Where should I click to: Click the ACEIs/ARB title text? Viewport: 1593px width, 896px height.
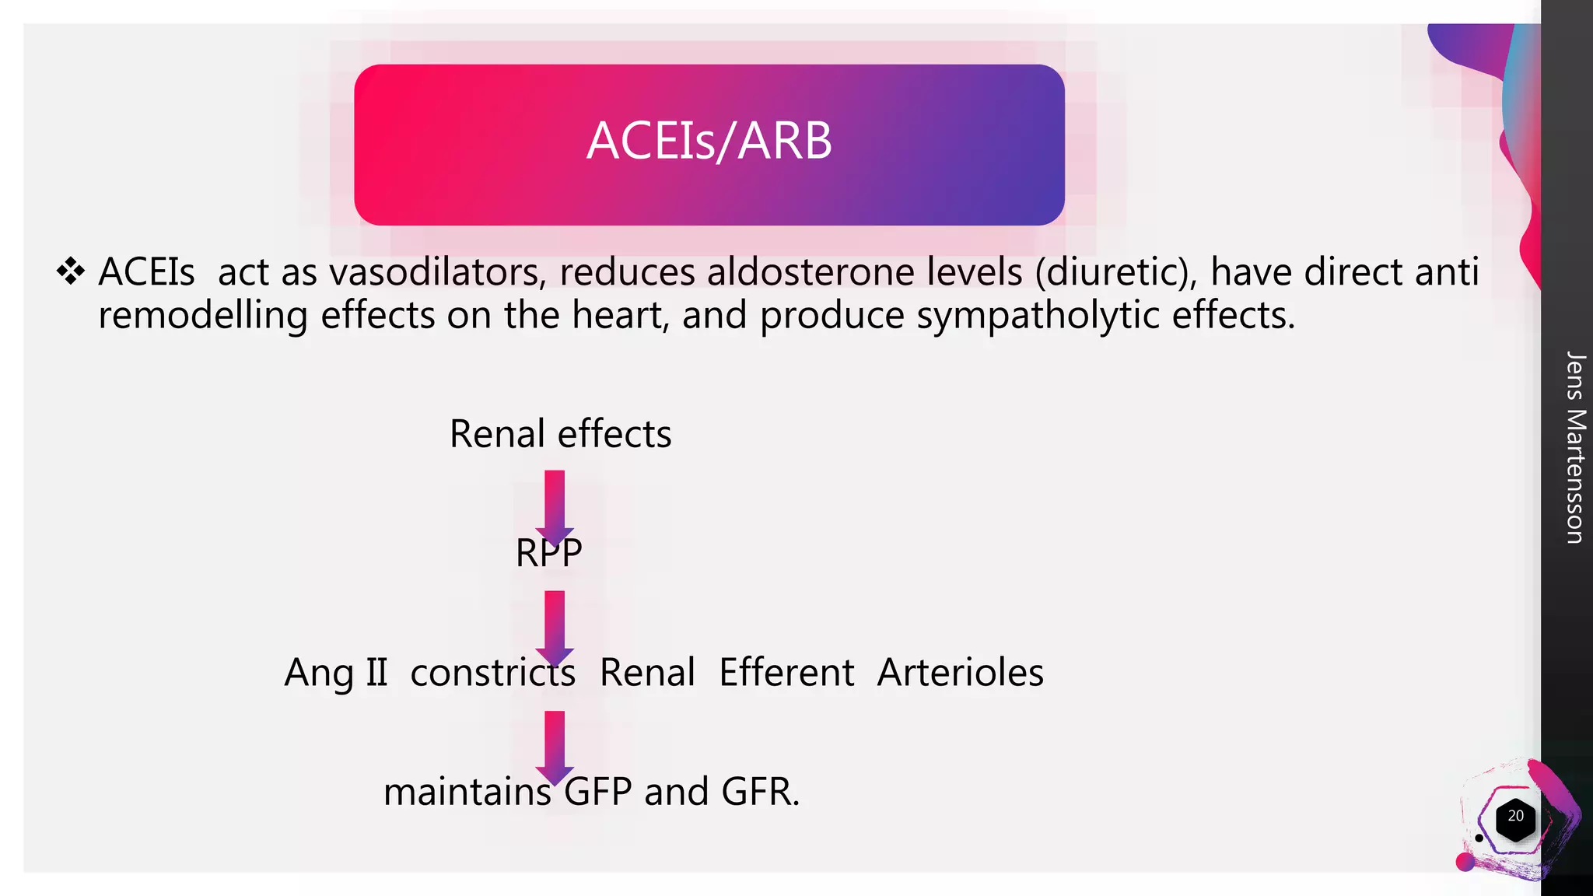709,142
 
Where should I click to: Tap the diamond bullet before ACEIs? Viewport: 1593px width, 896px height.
71,271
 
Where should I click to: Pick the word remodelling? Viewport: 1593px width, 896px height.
202,316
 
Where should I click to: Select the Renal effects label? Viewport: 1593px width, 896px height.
560,434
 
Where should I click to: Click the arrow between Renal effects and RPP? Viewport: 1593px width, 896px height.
555,504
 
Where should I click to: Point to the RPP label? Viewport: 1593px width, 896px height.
548,554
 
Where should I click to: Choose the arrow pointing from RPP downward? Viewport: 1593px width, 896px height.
555,625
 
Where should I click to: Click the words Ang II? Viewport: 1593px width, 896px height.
335,673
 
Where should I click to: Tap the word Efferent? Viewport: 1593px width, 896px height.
786,673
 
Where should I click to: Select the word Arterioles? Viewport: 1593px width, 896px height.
960,673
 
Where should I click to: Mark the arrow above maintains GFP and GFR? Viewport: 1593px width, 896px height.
555,744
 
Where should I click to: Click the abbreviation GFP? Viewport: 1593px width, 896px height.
597,792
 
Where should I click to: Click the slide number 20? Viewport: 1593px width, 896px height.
1515,817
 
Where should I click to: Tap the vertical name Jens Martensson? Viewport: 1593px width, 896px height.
1574,447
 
